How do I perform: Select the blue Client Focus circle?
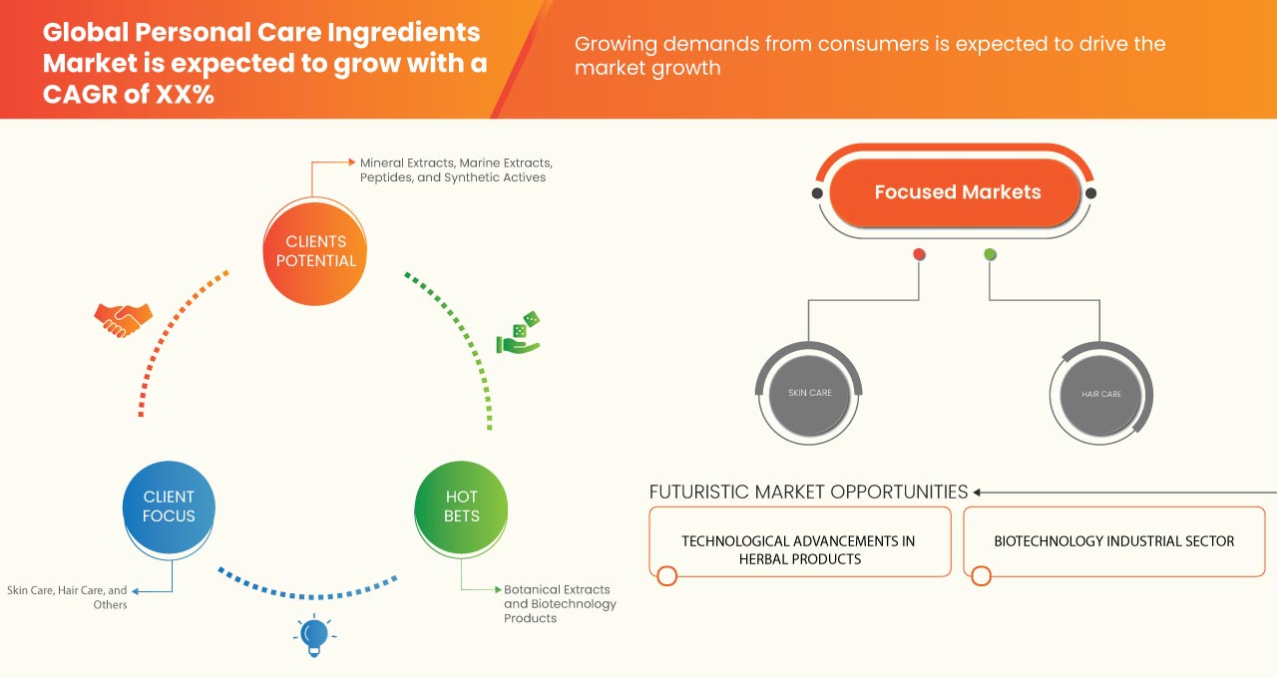pos(169,507)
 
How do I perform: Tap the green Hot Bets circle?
pos(461,507)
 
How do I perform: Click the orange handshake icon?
pos(123,319)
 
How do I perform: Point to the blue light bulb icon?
pos(314,635)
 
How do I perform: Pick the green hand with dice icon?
pos(519,334)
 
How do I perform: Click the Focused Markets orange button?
pos(957,192)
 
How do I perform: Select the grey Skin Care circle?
pos(809,393)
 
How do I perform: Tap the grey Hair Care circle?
pos(1101,394)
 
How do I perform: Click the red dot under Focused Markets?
pos(919,254)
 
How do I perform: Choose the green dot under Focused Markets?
pos(990,254)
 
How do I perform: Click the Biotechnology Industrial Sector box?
pos(1113,541)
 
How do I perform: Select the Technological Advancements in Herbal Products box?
pos(798,549)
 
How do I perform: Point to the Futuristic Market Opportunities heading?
pos(808,492)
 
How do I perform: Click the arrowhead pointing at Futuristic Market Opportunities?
pos(978,492)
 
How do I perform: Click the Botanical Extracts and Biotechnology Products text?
pos(559,603)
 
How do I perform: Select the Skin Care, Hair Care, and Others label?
pos(67,597)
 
